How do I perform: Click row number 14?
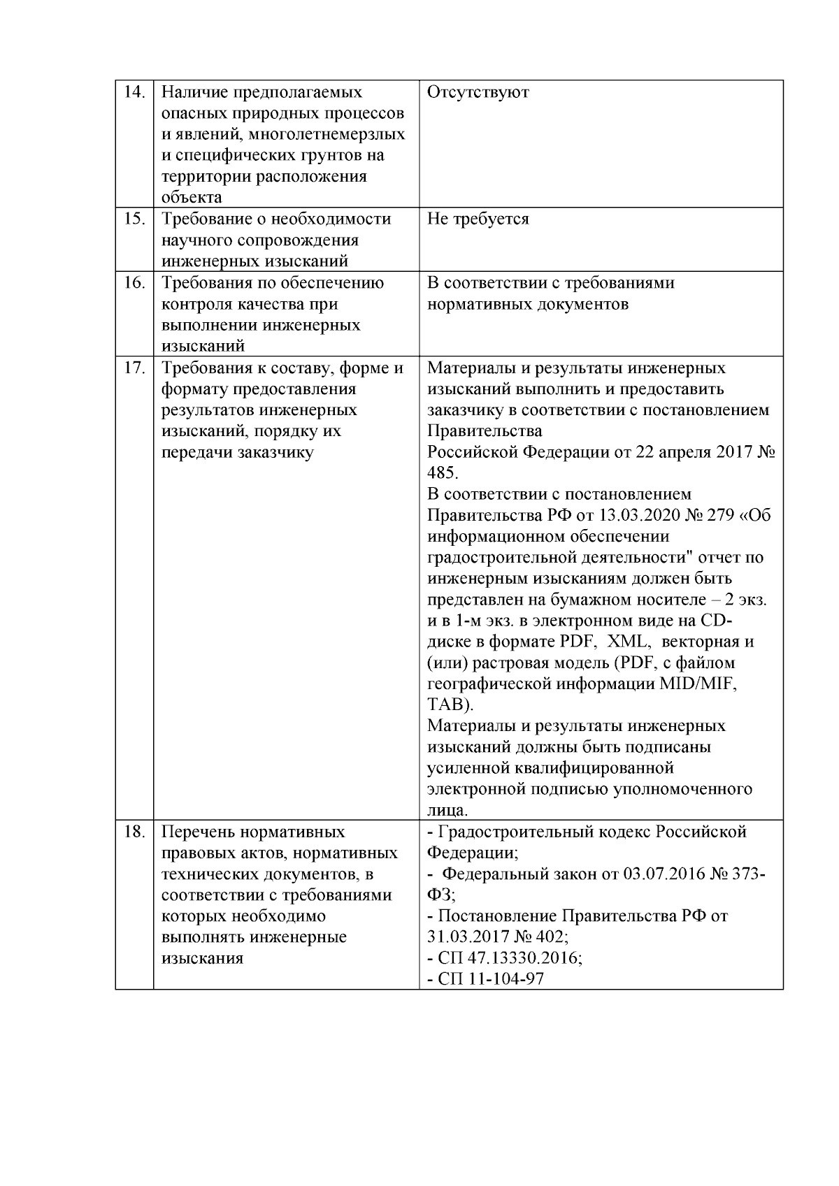click(134, 92)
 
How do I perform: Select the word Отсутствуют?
click(478, 92)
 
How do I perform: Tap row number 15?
click(134, 219)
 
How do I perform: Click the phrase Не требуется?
click(478, 219)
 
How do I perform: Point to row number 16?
click(134, 283)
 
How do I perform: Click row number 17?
click(134, 368)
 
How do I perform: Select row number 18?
click(134, 832)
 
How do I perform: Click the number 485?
click(442, 473)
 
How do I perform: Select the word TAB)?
click(450, 704)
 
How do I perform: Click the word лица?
click(447, 810)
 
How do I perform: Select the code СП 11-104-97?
click(491, 979)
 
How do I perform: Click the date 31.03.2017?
click(466, 937)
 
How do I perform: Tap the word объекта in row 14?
click(192, 198)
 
